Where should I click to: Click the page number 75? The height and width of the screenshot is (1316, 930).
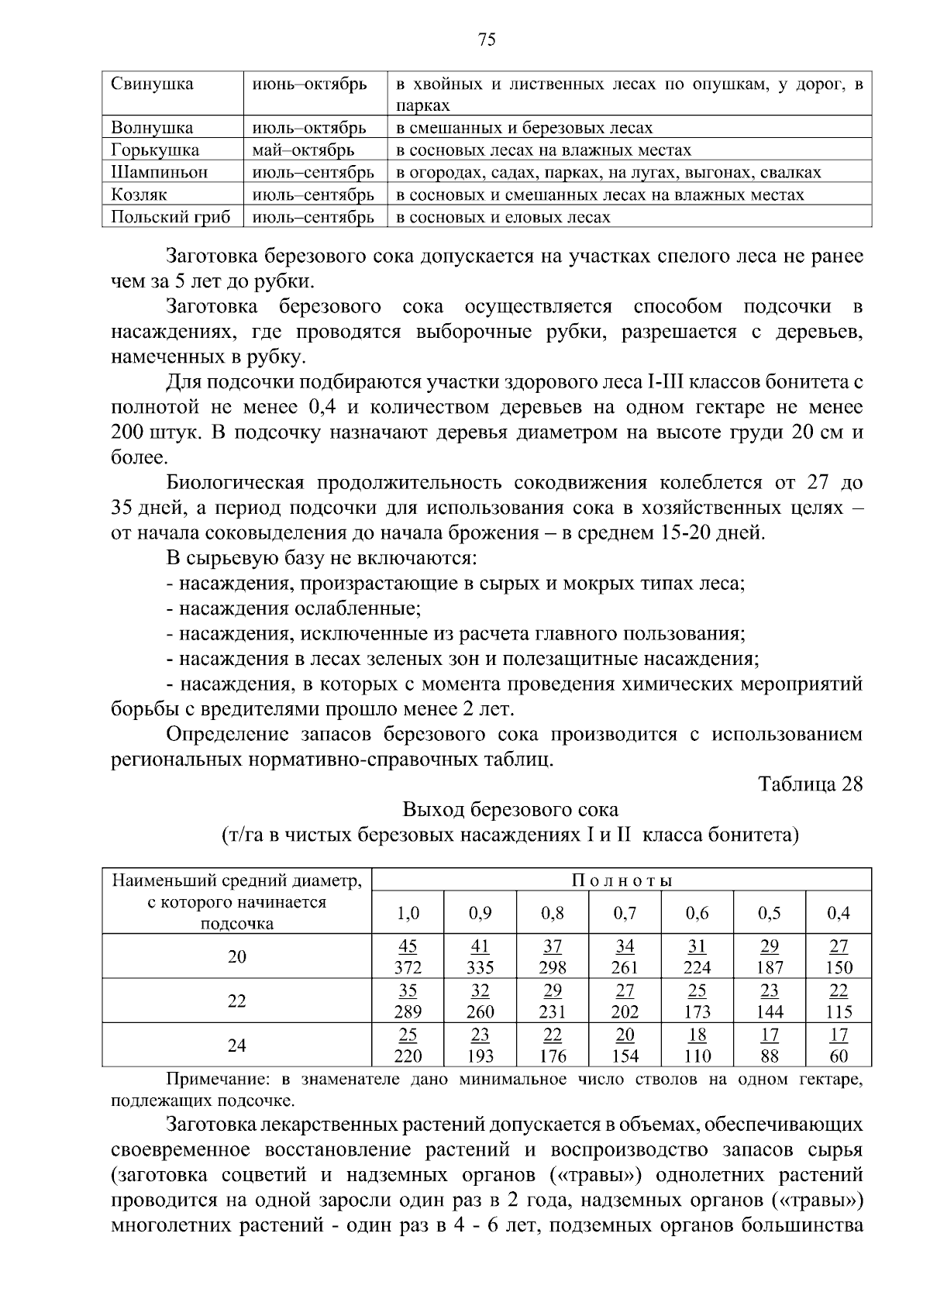[487, 40]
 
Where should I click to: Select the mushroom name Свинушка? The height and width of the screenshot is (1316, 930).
[152, 84]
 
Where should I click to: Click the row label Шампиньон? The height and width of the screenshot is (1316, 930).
[159, 172]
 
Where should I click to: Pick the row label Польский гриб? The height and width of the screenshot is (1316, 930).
[170, 217]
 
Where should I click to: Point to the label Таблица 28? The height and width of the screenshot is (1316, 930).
[811, 784]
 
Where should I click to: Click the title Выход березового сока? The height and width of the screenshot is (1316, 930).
[510, 809]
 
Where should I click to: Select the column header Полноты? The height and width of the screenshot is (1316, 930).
[622, 880]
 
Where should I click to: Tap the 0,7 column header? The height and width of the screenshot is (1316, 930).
[625, 913]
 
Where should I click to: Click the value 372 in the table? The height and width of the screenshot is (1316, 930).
[408, 967]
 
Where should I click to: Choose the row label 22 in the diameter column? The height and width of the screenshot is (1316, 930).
[236, 1001]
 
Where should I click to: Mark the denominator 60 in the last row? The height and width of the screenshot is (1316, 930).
[839, 1056]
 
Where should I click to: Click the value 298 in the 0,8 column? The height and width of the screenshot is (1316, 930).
[553, 967]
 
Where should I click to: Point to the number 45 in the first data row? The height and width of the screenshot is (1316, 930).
[408, 946]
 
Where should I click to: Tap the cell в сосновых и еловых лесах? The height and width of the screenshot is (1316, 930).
[503, 217]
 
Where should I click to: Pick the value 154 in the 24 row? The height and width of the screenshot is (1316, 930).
[625, 1056]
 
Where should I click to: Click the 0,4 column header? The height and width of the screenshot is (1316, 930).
[839, 913]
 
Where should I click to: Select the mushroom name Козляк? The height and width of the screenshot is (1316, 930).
[139, 195]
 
